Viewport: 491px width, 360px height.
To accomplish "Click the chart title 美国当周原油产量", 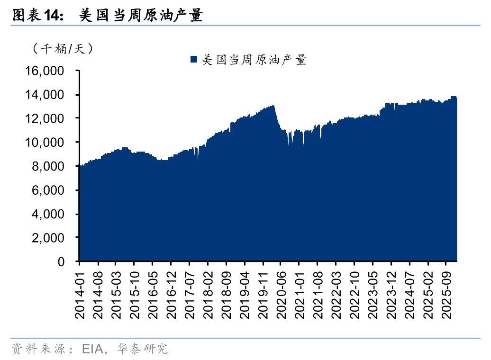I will point(141,16).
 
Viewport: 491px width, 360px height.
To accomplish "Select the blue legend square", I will point(193,59).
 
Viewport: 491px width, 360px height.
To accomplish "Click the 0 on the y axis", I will point(61,261).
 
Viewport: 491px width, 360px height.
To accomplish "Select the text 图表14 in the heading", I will point(37,16).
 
